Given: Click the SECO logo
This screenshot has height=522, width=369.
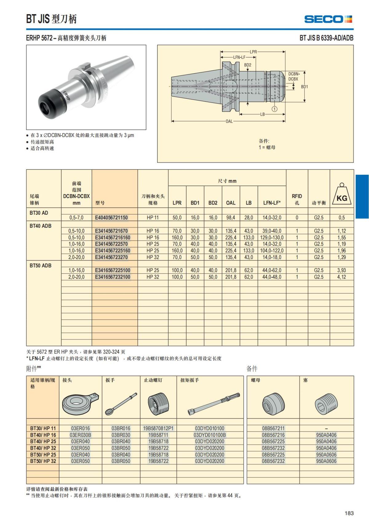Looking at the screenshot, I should click(328, 19).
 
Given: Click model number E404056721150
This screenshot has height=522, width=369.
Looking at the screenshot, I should click(111, 217).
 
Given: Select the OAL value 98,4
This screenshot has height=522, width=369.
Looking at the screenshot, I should click(231, 217).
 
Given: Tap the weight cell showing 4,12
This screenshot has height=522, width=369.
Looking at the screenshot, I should click(341, 277).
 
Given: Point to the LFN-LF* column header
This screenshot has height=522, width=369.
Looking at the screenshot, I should click(272, 203).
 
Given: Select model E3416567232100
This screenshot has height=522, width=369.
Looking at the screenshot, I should click(113, 277).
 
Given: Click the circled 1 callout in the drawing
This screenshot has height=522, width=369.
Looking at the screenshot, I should click(275, 109).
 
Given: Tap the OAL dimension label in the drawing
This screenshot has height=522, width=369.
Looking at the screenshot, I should click(229, 121).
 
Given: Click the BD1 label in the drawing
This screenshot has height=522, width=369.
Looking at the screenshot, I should click(304, 87).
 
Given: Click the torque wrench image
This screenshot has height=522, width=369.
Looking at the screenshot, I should click(214, 404).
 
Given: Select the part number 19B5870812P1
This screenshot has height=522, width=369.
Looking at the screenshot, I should click(158, 428).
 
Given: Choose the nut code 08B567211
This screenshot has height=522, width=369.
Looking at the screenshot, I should click(273, 428).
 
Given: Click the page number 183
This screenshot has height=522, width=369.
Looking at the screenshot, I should click(349, 513).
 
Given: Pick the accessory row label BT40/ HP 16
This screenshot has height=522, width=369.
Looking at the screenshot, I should click(43, 435).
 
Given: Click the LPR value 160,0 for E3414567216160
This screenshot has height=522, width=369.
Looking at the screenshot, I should click(177, 237).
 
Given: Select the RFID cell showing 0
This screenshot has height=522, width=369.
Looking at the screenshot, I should click(297, 217).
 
